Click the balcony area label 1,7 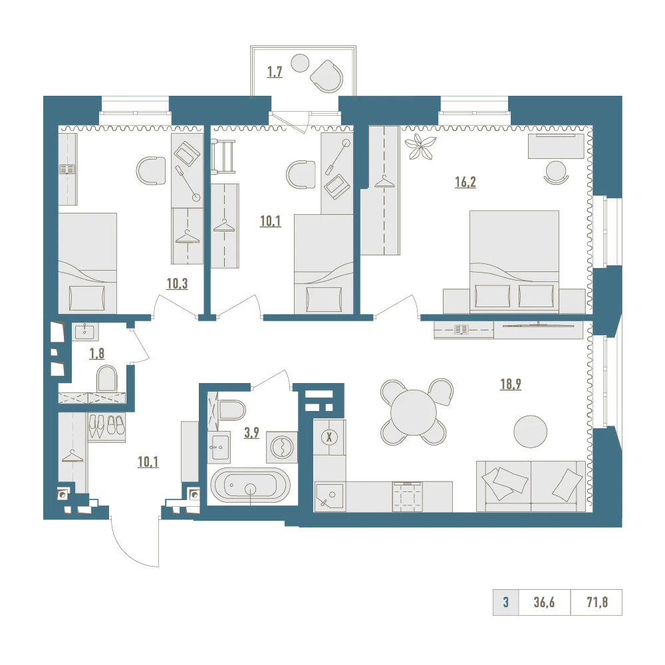[x=275, y=72]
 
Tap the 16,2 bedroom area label [x=465, y=182]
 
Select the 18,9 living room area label [x=511, y=384]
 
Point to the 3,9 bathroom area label [x=251, y=433]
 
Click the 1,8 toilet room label [x=96, y=353]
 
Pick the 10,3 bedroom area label [x=177, y=283]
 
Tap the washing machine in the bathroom [x=282, y=448]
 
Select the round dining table [x=414, y=412]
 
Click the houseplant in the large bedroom [x=420, y=147]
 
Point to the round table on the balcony [x=301, y=63]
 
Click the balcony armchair [x=327, y=76]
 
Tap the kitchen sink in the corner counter [x=330, y=497]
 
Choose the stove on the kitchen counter [x=408, y=496]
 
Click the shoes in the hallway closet [x=106, y=426]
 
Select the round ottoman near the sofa [x=530, y=432]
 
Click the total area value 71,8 [x=597, y=602]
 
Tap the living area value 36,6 [x=544, y=602]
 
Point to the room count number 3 [x=505, y=602]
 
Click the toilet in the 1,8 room [x=107, y=379]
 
